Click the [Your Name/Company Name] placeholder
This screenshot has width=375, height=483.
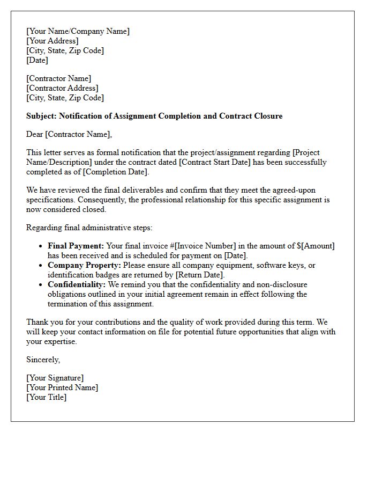[78, 31]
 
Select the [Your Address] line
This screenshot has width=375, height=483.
[52, 41]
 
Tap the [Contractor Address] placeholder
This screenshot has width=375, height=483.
[62, 88]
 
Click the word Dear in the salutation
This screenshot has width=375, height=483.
[35, 134]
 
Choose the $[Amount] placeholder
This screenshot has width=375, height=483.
[316, 246]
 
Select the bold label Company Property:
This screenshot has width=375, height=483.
[84, 265]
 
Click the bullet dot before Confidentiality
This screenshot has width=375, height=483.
[41, 285]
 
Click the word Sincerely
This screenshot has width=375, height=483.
[43, 360]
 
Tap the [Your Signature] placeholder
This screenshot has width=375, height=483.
[55, 378]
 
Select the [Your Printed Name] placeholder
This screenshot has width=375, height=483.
[62, 387]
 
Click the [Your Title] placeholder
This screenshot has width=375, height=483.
[47, 397]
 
